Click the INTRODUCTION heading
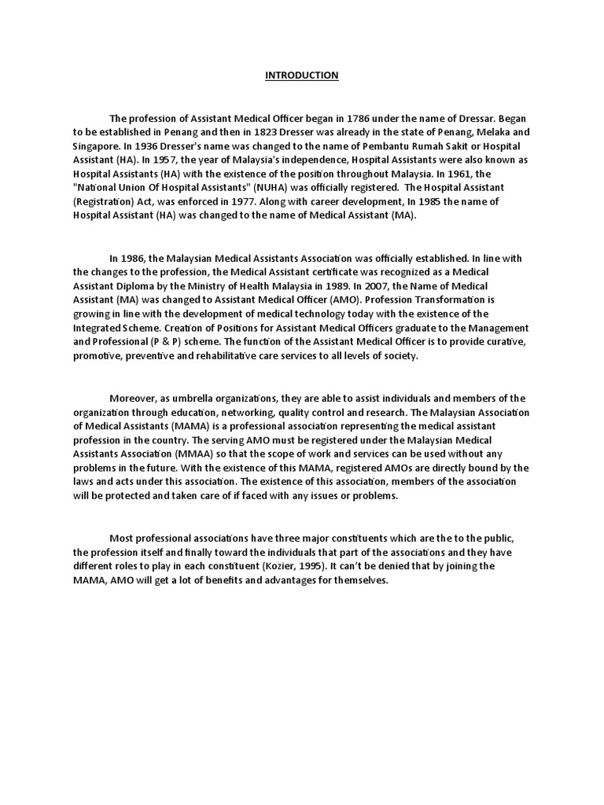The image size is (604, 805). click(x=302, y=75)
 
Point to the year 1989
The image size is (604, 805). click(x=334, y=285)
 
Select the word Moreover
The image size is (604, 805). click(x=134, y=399)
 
